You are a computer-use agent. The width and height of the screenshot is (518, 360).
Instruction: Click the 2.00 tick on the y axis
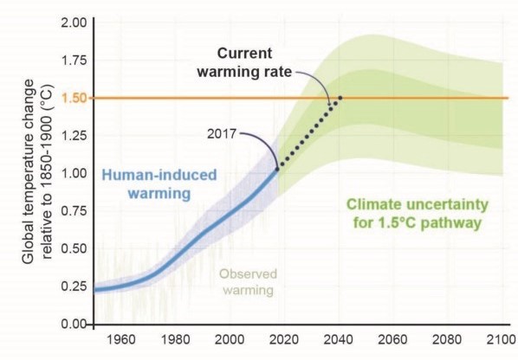(x=74, y=23)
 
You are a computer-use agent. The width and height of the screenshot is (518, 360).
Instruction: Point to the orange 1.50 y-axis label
(x=74, y=98)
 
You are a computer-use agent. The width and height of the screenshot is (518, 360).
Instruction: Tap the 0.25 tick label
(x=74, y=286)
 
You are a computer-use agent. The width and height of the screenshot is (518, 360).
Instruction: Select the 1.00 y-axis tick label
(x=74, y=173)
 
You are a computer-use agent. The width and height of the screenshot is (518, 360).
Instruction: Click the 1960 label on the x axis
(x=120, y=339)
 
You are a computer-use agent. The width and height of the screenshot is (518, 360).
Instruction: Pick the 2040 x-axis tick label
(x=338, y=339)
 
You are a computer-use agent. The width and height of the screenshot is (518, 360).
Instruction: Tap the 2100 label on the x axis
(x=501, y=339)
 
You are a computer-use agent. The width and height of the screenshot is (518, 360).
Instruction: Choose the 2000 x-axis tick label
(x=230, y=339)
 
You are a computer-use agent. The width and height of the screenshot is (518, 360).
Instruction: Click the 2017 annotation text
(x=222, y=133)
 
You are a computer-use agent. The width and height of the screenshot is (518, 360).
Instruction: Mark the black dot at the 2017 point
(x=277, y=169)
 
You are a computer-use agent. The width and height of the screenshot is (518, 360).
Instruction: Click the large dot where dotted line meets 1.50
(x=340, y=98)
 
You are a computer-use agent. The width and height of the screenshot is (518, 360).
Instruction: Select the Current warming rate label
(x=244, y=62)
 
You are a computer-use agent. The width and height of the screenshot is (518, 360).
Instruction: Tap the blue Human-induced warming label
(x=159, y=183)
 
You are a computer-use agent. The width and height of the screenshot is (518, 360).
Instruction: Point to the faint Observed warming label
(x=248, y=282)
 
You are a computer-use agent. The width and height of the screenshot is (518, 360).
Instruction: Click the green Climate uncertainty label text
(x=418, y=214)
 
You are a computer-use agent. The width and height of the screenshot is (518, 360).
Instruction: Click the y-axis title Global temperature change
(x=29, y=171)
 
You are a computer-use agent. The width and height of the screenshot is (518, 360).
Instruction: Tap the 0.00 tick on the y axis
(x=74, y=324)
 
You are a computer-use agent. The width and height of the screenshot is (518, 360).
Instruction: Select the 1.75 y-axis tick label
(x=74, y=61)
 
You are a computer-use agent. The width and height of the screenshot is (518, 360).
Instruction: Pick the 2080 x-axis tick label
(x=446, y=339)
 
